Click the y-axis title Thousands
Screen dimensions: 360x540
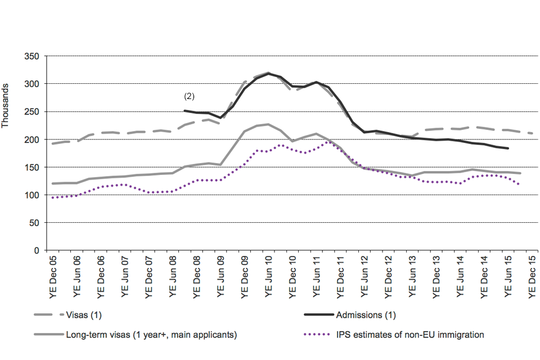(6, 106)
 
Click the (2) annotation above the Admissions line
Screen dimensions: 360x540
(189, 96)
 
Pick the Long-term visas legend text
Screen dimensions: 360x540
(151, 335)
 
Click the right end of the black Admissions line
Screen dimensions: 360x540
(508, 148)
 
